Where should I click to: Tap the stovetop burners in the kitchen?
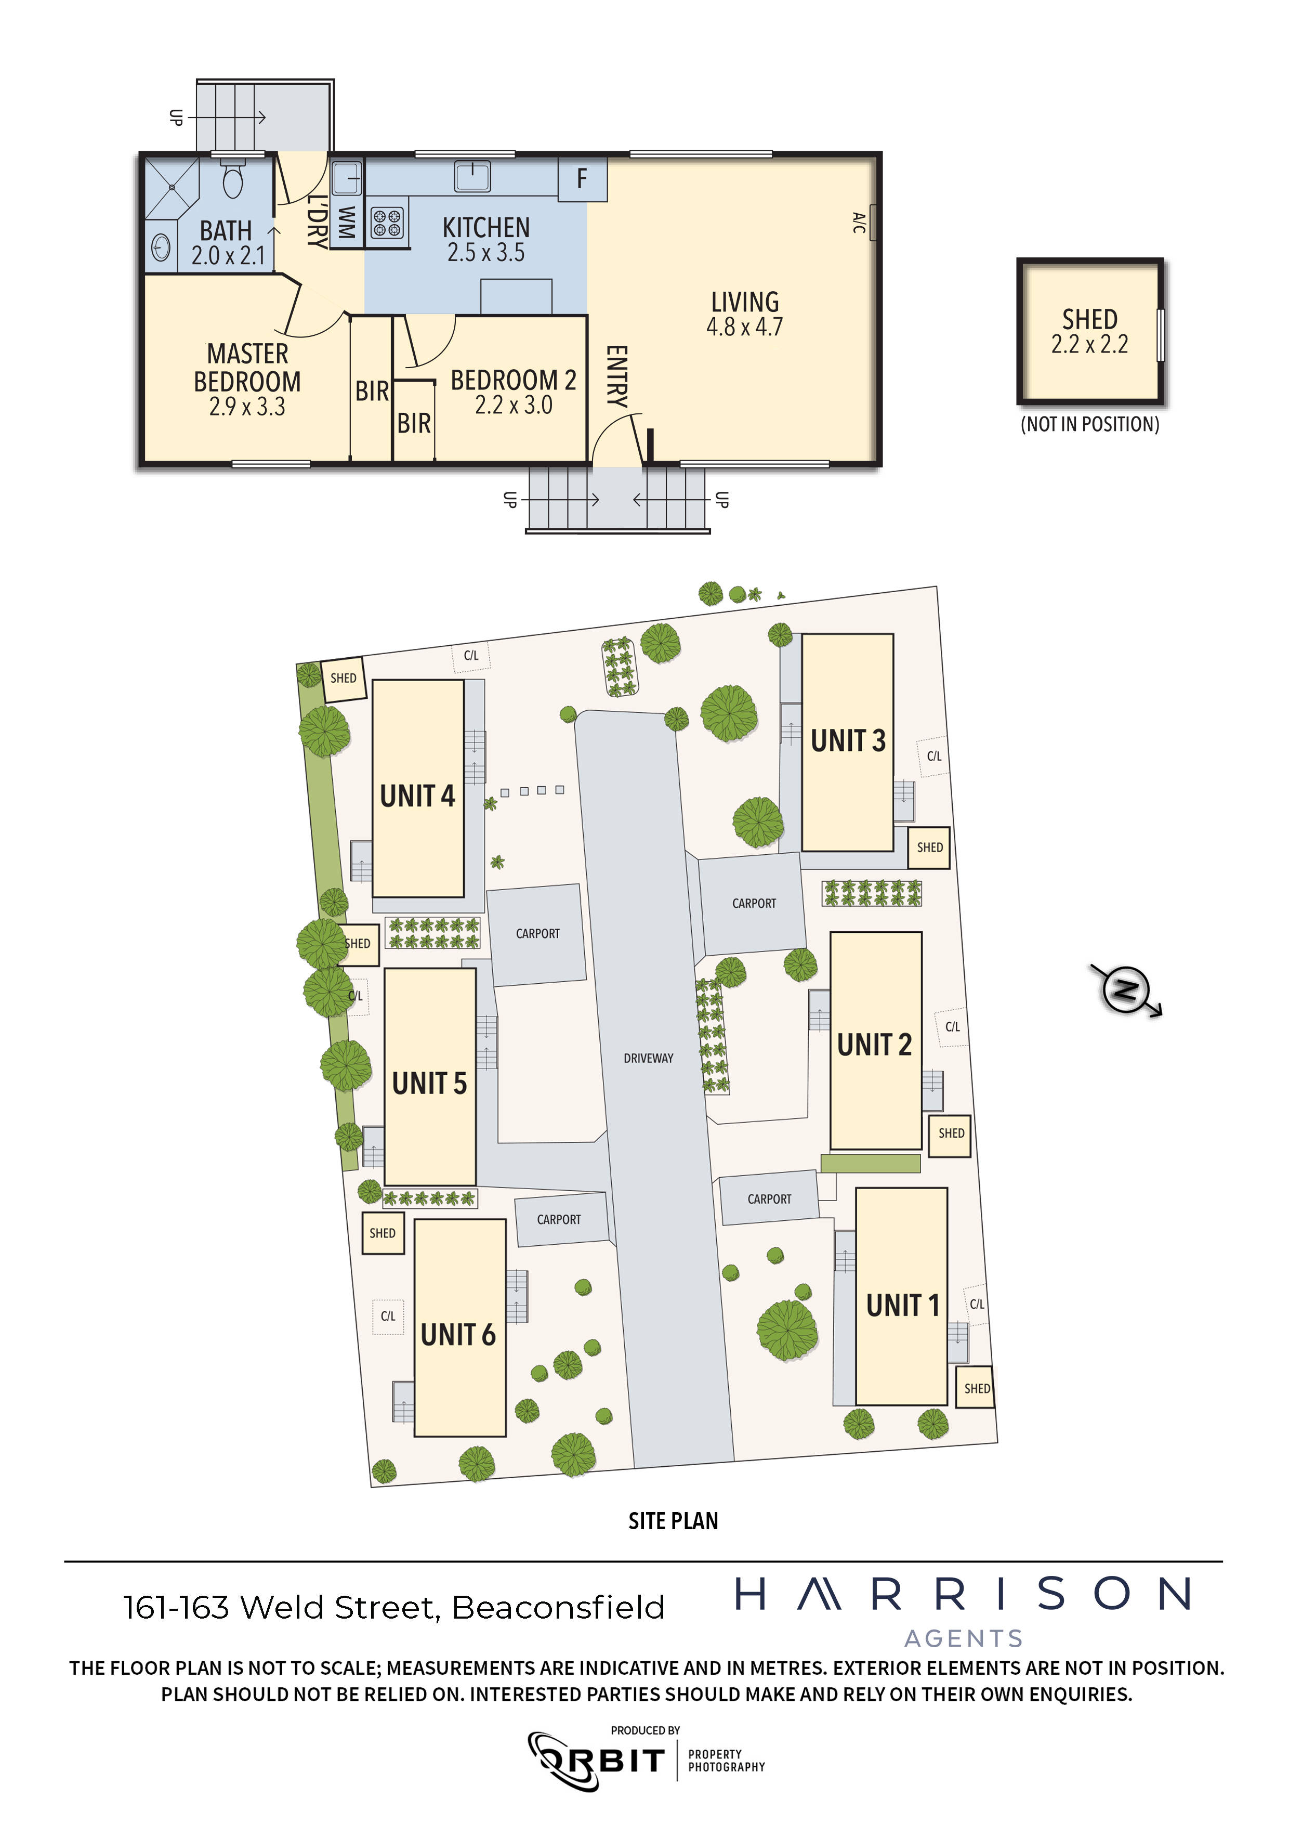click(388, 223)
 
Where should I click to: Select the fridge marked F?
click(582, 179)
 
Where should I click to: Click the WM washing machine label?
click(346, 223)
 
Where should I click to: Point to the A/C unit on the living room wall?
click(874, 223)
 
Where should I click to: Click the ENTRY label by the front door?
click(617, 376)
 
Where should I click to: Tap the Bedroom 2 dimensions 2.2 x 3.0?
click(514, 405)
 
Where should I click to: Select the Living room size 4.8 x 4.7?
click(745, 327)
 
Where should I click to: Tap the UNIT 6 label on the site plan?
click(458, 1335)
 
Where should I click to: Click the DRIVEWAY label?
click(648, 1058)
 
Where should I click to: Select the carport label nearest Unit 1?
click(770, 1199)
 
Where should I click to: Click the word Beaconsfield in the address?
click(558, 1607)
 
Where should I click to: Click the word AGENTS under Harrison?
click(964, 1638)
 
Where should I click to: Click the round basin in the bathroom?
click(161, 249)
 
